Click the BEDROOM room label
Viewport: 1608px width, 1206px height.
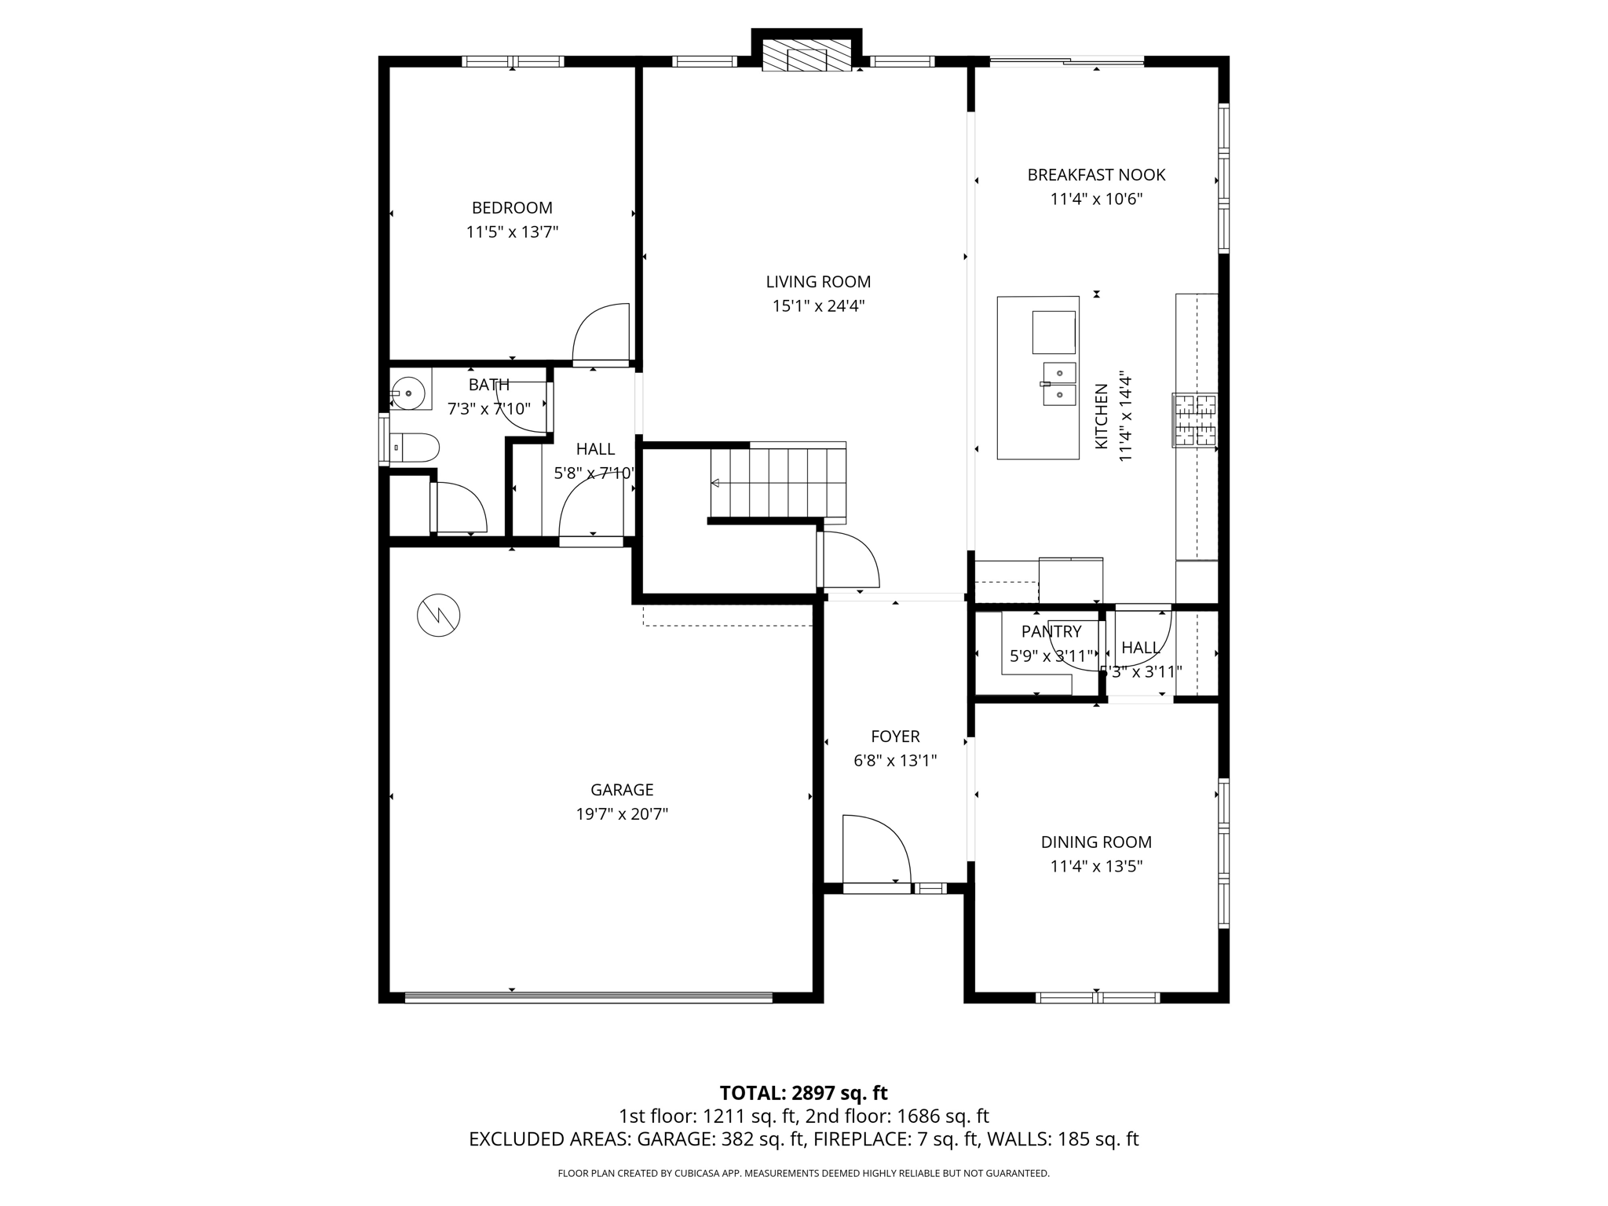click(512, 208)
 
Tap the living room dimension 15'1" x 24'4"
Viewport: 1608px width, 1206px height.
click(818, 306)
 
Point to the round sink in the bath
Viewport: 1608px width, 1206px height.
click(408, 393)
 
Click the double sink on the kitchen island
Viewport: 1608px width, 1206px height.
click(1059, 384)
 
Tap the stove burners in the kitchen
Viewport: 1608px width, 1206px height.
click(1195, 419)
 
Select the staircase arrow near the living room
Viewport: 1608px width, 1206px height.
click(716, 483)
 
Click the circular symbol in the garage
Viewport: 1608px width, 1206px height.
click(438, 615)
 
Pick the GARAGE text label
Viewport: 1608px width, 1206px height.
click(622, 790)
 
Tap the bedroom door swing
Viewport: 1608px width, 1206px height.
click(601, 334)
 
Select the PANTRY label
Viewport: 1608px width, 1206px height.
click(1051, 631)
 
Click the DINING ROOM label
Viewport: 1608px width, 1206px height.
click(1096, 842)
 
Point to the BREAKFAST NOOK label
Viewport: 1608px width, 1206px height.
click(1096, 175)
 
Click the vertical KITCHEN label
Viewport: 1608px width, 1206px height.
click(1102, 416)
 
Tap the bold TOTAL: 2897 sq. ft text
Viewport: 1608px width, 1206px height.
click(803, 1093)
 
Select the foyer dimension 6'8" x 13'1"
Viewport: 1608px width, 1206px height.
click(895, 761)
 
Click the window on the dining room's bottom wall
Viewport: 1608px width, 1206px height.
click(1097, 998)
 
